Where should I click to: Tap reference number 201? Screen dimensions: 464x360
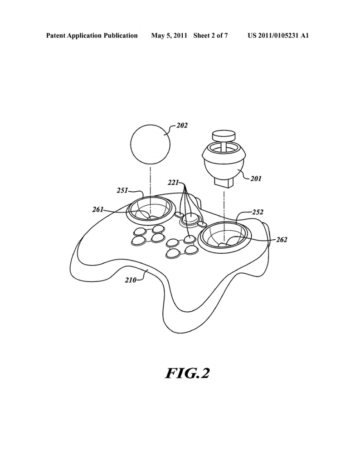click(256, 179)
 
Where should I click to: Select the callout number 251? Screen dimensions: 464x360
click(123, 191)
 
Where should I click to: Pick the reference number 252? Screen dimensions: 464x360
click(258, 212)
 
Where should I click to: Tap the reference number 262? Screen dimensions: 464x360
click(281, 240)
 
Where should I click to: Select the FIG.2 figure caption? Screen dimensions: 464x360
click(187, 373)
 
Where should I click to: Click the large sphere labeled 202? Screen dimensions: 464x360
click(150, 145)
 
